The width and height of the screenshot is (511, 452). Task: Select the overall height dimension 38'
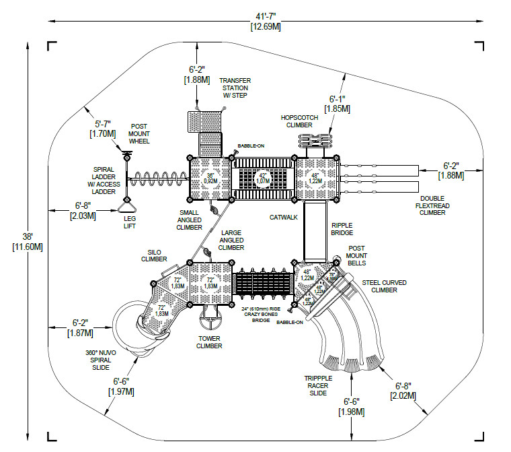[28, 241]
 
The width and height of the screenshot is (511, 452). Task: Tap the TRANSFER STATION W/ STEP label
[235, 88]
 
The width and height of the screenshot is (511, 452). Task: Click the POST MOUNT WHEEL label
[139, 133]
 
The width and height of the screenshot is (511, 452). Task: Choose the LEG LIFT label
[129, 222]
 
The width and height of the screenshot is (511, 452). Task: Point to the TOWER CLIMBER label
[209, 342]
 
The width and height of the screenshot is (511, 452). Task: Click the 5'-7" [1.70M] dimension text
[103, 129]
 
